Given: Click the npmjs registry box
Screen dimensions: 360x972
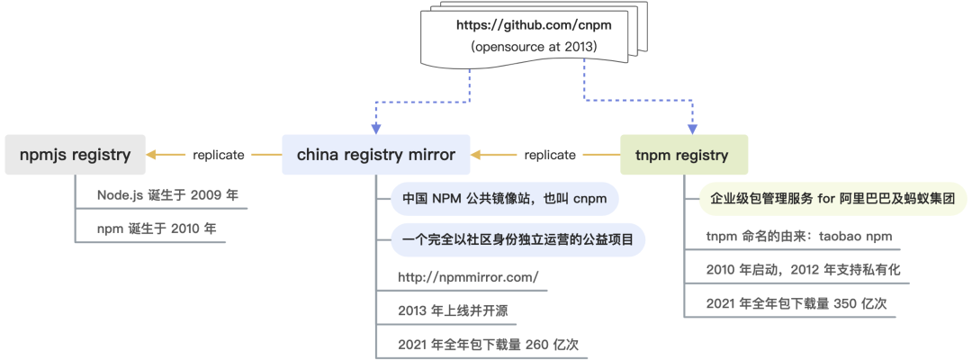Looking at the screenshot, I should point(75,155).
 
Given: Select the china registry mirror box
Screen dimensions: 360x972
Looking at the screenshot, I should point(376,155).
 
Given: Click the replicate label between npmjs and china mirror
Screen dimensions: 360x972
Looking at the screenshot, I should point(218,155).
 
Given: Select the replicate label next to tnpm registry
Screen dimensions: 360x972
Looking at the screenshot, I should point(549,155).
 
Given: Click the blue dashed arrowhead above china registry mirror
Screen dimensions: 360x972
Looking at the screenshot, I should point(376,128).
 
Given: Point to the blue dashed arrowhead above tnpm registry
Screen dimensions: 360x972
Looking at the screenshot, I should point(692,128).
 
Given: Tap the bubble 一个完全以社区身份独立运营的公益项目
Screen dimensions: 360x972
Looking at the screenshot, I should point(517,239).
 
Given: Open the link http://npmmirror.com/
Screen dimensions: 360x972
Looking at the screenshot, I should point(468,277).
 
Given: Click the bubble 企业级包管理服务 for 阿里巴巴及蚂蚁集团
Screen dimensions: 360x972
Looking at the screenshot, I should point(832,198).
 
